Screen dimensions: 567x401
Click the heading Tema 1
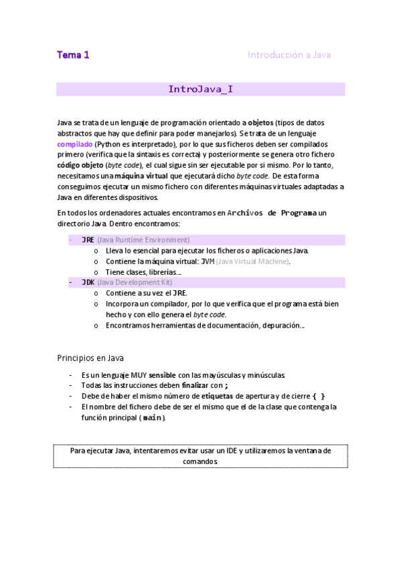coord(73,55)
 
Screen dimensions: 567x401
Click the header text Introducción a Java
coord(289,55)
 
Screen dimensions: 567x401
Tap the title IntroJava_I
coord(200,89)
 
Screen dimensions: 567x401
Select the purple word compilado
coord(74,144)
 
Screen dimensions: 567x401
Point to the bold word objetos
coord(261,123)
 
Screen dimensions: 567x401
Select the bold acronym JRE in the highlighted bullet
coord(88,239)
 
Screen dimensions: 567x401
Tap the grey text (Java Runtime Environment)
coord(143,239)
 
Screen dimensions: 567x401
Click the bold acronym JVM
coord(208,261)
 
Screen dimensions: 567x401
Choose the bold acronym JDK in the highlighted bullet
coord(88,283)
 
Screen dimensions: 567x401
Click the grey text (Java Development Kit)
coord(135,283)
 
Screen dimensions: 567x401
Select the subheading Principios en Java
coord(90,358)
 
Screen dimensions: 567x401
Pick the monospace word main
coord(153,418)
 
